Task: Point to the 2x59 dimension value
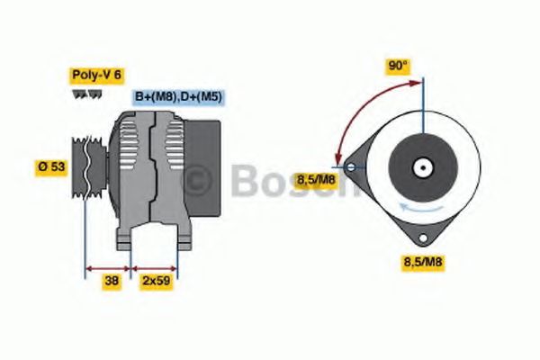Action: (156, 281)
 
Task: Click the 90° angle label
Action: (398, 65)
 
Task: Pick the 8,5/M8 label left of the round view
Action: (316, 181)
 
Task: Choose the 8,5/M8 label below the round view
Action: (421, 262)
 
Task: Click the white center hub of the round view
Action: (421, 167)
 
